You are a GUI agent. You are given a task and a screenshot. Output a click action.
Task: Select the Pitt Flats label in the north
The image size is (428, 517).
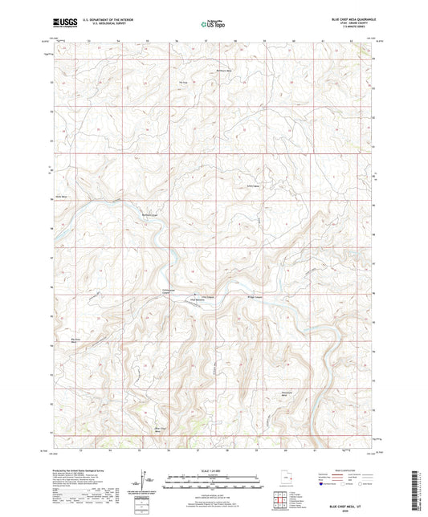184,83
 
